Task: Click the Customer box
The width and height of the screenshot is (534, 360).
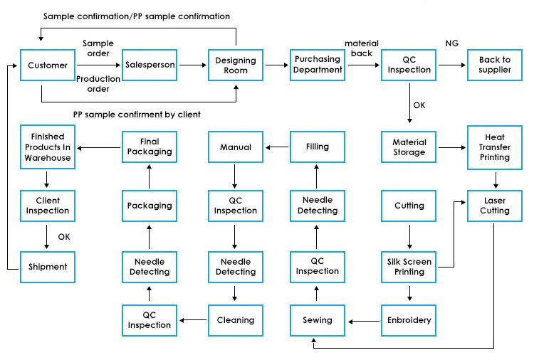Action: click(x=48, y=65)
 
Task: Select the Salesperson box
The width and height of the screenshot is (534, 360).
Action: click(x=150, y=65)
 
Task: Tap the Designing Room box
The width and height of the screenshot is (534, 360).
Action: click(x=236, y=65)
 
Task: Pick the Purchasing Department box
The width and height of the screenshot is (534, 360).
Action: click(x=318, y=65)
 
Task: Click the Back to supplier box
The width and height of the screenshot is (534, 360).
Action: click(x=494, y=65)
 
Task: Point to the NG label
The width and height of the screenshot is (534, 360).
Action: click(x=451, y=44)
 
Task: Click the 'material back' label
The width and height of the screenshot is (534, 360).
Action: click(x=362, y=48)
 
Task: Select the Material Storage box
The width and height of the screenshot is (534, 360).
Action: click(x=409, y=147)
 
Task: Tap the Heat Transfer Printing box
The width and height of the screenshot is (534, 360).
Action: click(x=494, y=147)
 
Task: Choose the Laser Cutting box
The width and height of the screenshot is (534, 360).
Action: click(x=494, y=206)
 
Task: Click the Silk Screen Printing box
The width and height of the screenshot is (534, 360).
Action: click(x=409, y=267)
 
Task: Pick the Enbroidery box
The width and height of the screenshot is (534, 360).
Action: click(x=409, y=320)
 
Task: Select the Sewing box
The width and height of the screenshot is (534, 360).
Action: click(x=318, y=320)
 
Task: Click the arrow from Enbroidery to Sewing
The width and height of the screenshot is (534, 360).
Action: click(x=363, y=321)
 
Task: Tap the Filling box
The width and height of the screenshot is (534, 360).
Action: click(x=318, y=147)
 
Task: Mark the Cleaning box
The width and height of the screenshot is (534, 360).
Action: click(x=236, y=320)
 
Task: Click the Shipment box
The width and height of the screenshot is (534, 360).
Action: click(x=48, y=267)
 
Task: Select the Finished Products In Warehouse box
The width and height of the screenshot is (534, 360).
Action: click(x=48, y=147)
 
